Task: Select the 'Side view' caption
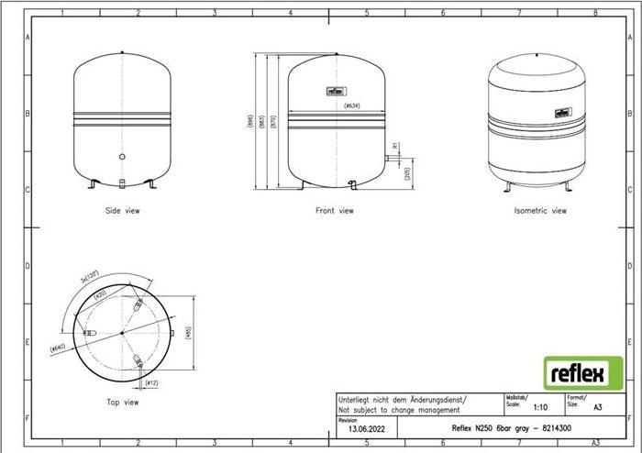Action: pyautogui.click(x=122, y=211)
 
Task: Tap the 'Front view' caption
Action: pyautogui.click(x=334, y=211)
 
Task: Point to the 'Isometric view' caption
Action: pyautogui.click(x=540, y=211)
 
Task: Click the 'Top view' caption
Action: pyautogui.click(x=121, y=402)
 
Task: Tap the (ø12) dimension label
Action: pyautogui.click(x=153, y=381)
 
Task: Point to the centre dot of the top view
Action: pyautogui.click(x=121, y=333)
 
